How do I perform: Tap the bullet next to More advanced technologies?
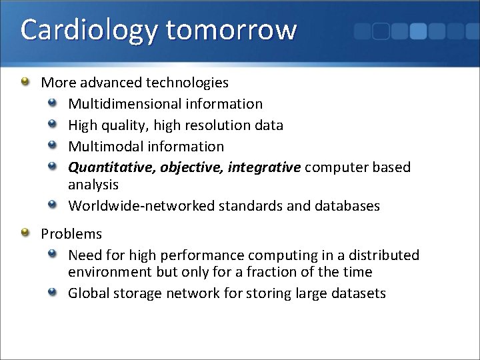click(25, 82)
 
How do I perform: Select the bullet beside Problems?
click(25, 233)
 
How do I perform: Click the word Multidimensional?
click(122, 104)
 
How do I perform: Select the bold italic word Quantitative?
click(111, 167)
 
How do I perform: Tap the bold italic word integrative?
click(264, 167)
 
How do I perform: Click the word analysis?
click(93, 184)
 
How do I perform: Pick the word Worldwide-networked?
click(141, 206)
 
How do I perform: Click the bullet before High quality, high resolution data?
click(53, 124)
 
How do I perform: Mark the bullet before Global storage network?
click(53, 292)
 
